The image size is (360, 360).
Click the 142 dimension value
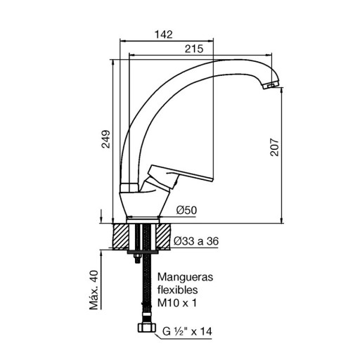(163, 34)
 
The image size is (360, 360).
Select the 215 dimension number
(194, 49)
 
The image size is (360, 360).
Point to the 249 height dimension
(105, 139)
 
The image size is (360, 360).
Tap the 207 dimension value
(274, 147)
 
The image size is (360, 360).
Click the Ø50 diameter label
(186, 210)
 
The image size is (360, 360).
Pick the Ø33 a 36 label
(196, 241)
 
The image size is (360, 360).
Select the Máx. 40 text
(94, 290)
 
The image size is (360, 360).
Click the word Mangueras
(185, 277)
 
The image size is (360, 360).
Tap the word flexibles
(177, 290)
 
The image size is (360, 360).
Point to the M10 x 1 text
(177, 303)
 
